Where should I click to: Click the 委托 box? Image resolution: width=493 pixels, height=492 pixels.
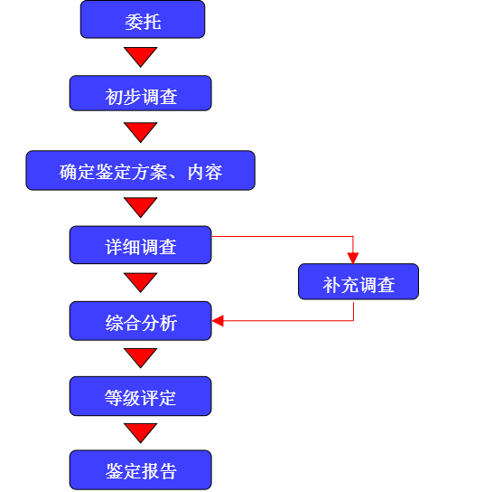pos(143,20)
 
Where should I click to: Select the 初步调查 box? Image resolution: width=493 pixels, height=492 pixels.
pos(141,93)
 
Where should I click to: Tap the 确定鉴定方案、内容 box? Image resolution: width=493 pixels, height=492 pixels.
pos(141,170)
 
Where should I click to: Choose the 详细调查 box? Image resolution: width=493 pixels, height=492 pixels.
pos(141,245)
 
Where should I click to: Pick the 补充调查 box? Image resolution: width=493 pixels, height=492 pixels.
pos(358,281)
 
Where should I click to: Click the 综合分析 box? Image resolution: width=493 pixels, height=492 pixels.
pos(141,321)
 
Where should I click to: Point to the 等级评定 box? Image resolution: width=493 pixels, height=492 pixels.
pos(141,396)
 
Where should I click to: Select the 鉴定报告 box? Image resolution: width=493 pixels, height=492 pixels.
pos(141,470)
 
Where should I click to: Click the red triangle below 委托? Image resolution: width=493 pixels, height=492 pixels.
pos(141,56)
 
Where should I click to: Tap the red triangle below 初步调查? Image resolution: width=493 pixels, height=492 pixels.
pos(141,131)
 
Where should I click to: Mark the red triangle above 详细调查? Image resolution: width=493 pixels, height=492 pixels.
pos(141,206)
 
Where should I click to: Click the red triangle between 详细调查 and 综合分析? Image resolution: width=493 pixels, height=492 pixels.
pos(141,281)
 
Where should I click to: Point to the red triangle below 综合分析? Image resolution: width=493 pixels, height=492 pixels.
pos(141,357)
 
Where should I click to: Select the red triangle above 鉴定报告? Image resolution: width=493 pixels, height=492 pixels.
pos(141,432)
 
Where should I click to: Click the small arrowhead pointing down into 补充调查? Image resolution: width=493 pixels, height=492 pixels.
pos(353,258)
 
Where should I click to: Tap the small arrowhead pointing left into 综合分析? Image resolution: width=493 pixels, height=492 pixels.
pos(218,321)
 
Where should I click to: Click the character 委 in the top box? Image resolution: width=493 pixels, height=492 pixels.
pos(134,22)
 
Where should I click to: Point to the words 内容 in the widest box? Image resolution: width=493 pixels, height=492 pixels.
pos(205,173)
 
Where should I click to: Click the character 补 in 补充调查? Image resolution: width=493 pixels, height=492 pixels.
pos(331,285)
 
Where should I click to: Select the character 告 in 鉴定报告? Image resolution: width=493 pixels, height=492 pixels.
pos(168,471)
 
